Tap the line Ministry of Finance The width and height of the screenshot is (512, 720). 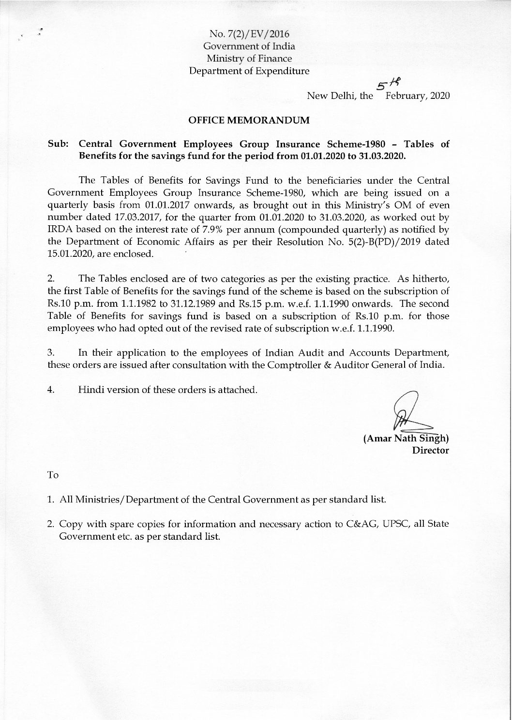[x=249, y=59]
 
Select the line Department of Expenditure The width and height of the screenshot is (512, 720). [x=249, y=71]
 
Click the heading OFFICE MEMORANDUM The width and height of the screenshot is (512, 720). [x=248, y=120]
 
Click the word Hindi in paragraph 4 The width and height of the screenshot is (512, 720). [x=91, y=391]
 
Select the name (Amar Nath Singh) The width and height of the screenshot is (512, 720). [x=406, y=439]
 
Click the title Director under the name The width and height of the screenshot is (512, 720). [x=430, y=451]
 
